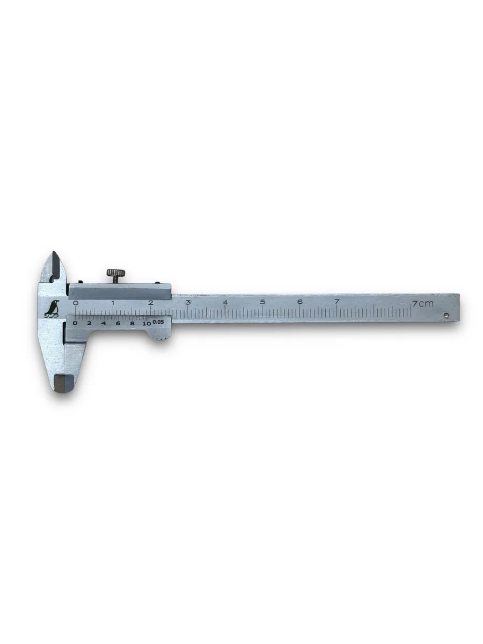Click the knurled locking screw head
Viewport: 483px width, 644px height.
[115, 272]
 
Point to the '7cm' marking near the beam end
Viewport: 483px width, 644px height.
[422, 304]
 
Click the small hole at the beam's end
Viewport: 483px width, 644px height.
[446, 316]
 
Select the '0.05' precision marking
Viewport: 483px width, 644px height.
[158, 322]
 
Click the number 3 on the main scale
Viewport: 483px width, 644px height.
[188, 302]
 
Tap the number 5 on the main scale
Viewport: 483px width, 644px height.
[262, 302]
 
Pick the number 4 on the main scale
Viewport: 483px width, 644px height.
[225, 302]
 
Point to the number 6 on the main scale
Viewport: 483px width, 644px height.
[299, 301]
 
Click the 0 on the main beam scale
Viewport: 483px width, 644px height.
[76, 303]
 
